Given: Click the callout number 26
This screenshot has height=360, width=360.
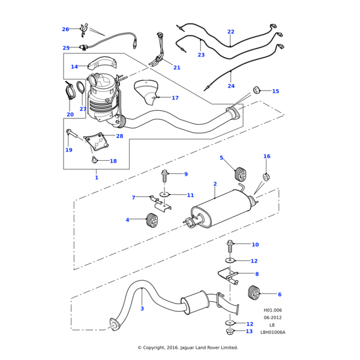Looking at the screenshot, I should coord(65,29).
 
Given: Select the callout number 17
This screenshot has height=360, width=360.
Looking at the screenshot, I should coord(175,98).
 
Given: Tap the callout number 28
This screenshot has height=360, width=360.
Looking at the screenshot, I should coord(119,136).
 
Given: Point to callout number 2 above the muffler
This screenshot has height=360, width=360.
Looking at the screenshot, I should coord(215,184).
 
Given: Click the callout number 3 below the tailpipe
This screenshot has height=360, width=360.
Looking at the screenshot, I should coord(142,308).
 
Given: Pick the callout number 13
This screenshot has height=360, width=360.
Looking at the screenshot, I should coord(249,331).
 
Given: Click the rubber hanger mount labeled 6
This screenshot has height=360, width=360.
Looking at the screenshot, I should coord(254,293).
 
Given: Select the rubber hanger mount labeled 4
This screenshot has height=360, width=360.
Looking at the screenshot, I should coord(152,220).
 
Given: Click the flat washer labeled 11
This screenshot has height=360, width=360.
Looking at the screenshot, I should coord(164,195).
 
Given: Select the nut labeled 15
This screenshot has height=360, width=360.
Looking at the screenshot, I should coord(257,91).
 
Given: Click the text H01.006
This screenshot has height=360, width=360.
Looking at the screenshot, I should coord(272,311).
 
